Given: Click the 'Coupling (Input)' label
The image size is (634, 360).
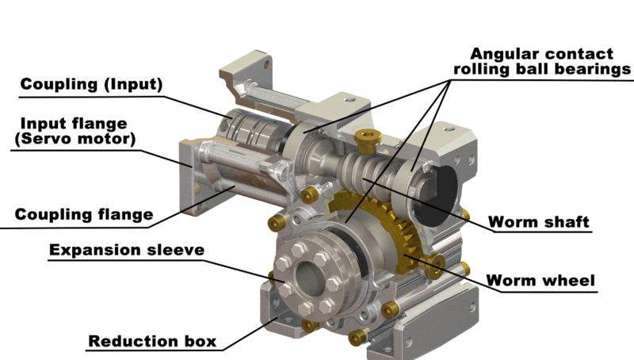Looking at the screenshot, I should [x=91, y=84].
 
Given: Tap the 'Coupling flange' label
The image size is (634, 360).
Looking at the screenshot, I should [x=84, y=214].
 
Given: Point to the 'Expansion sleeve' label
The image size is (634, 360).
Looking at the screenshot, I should [x=127, y=251].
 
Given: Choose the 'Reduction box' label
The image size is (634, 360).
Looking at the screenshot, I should [x=151, y=342].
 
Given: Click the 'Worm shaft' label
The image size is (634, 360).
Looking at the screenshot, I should [x=538, y=221].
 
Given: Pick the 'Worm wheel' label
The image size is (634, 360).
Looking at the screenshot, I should [x=540, y=280].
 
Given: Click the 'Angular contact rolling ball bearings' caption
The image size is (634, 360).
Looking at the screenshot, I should [x=541, y=62].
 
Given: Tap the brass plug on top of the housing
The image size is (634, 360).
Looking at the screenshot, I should [x=367, y=140].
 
